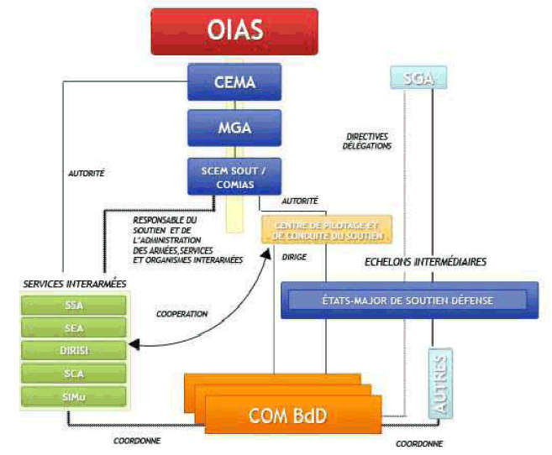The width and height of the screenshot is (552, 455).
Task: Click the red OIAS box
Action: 234,32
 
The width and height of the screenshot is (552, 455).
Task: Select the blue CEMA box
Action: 233,82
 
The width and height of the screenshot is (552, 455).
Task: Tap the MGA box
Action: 233,128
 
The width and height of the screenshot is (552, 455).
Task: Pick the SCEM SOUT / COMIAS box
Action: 233,176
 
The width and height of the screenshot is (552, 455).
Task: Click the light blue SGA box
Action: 418,78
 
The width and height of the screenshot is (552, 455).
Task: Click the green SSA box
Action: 75,306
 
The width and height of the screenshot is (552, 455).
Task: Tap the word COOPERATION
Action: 182,314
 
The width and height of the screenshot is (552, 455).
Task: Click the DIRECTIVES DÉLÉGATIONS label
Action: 368,141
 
